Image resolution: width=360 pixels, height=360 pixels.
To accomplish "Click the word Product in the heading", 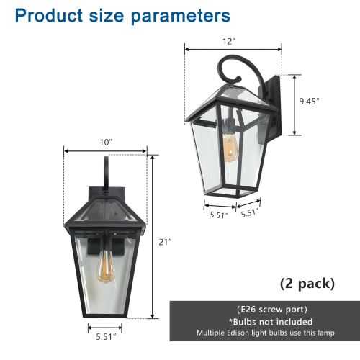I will (44, 16).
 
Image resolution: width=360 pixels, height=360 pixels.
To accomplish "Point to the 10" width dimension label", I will (106, 143).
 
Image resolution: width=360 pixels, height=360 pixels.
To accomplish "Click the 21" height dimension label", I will (166, 242).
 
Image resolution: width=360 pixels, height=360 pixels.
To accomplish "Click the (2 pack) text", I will (307, 283).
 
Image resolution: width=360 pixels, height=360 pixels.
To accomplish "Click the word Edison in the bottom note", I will (256, 333).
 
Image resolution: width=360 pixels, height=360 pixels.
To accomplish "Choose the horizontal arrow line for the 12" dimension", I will (231, 48).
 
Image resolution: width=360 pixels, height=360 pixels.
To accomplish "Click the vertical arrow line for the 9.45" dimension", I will (294, 104).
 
